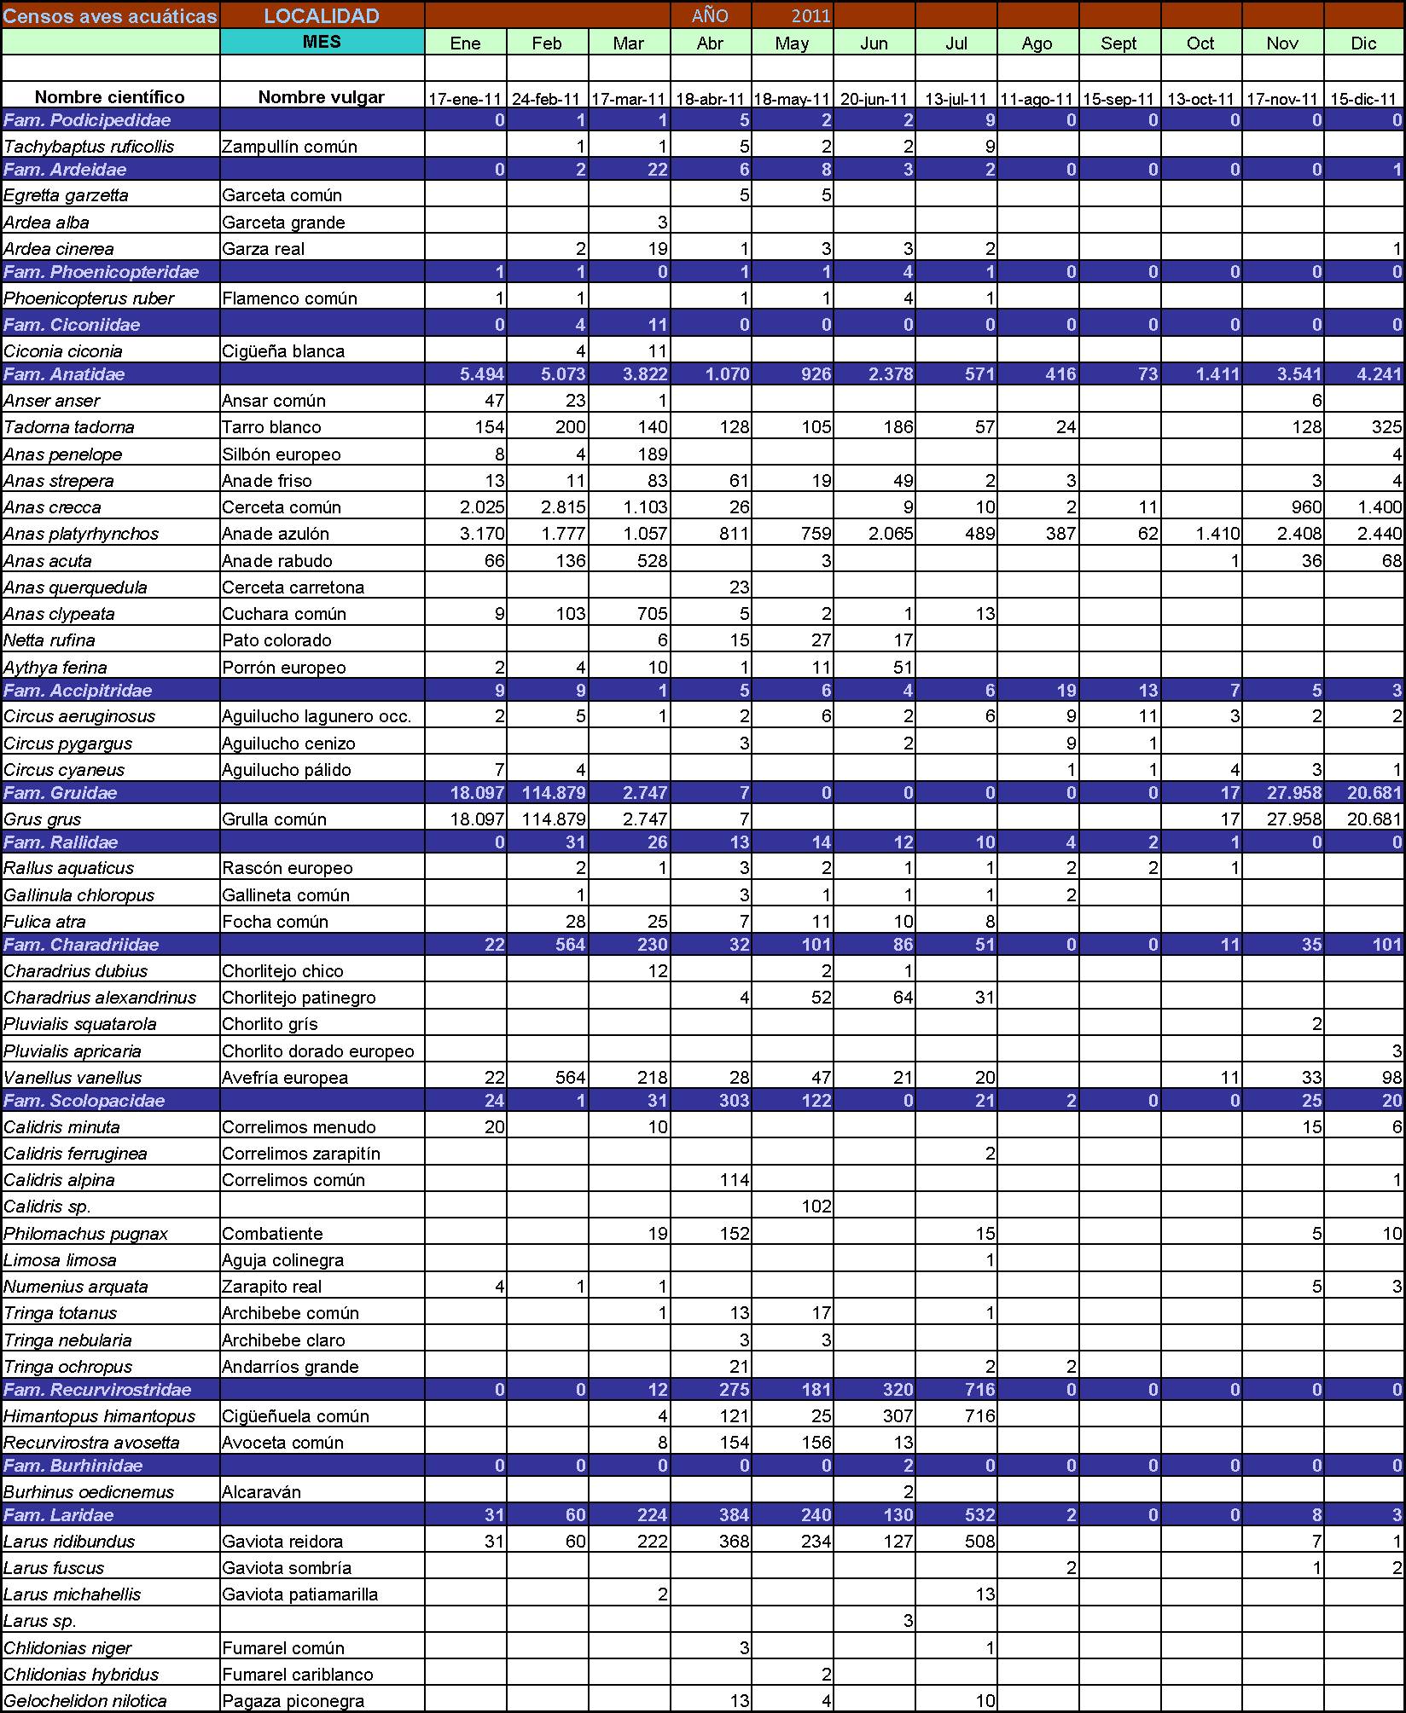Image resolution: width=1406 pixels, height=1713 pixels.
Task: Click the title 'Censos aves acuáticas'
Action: [x=111, y=16]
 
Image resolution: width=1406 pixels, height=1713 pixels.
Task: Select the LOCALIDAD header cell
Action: [x=322, y=16]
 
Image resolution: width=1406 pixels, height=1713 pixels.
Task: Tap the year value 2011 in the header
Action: [x=810, y=16]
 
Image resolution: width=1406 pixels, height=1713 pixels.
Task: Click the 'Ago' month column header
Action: [x=1037, y=43]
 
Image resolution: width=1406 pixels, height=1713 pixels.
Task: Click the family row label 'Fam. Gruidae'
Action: [x=61, y=793]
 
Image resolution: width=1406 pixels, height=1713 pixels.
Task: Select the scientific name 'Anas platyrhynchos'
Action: [x=81, y=534]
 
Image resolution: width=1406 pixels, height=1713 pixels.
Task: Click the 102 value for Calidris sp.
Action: [x=816, y=1207]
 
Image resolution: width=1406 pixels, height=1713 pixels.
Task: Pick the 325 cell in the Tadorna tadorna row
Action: [x=1386, y=427]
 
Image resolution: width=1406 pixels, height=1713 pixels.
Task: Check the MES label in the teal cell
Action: [x=322, y=42]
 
